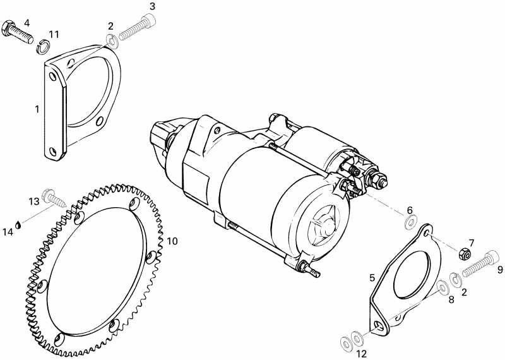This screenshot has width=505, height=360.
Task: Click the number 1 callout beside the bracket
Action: click(37, 109)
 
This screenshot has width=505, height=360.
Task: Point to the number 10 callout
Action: click(172, 241)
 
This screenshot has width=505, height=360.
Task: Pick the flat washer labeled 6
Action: click(410, 222)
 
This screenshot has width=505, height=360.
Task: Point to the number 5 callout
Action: click(372, 277)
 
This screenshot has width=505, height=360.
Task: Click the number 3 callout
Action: click(151, 6)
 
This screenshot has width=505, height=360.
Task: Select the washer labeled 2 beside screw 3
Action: click(112, 42)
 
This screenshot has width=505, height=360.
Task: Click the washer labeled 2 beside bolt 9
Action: click(454, 278)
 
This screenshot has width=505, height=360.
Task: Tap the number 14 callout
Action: click(7, 232)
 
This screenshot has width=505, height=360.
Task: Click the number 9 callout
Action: click(499, 270)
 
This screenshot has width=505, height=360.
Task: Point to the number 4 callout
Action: click(27, 23)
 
